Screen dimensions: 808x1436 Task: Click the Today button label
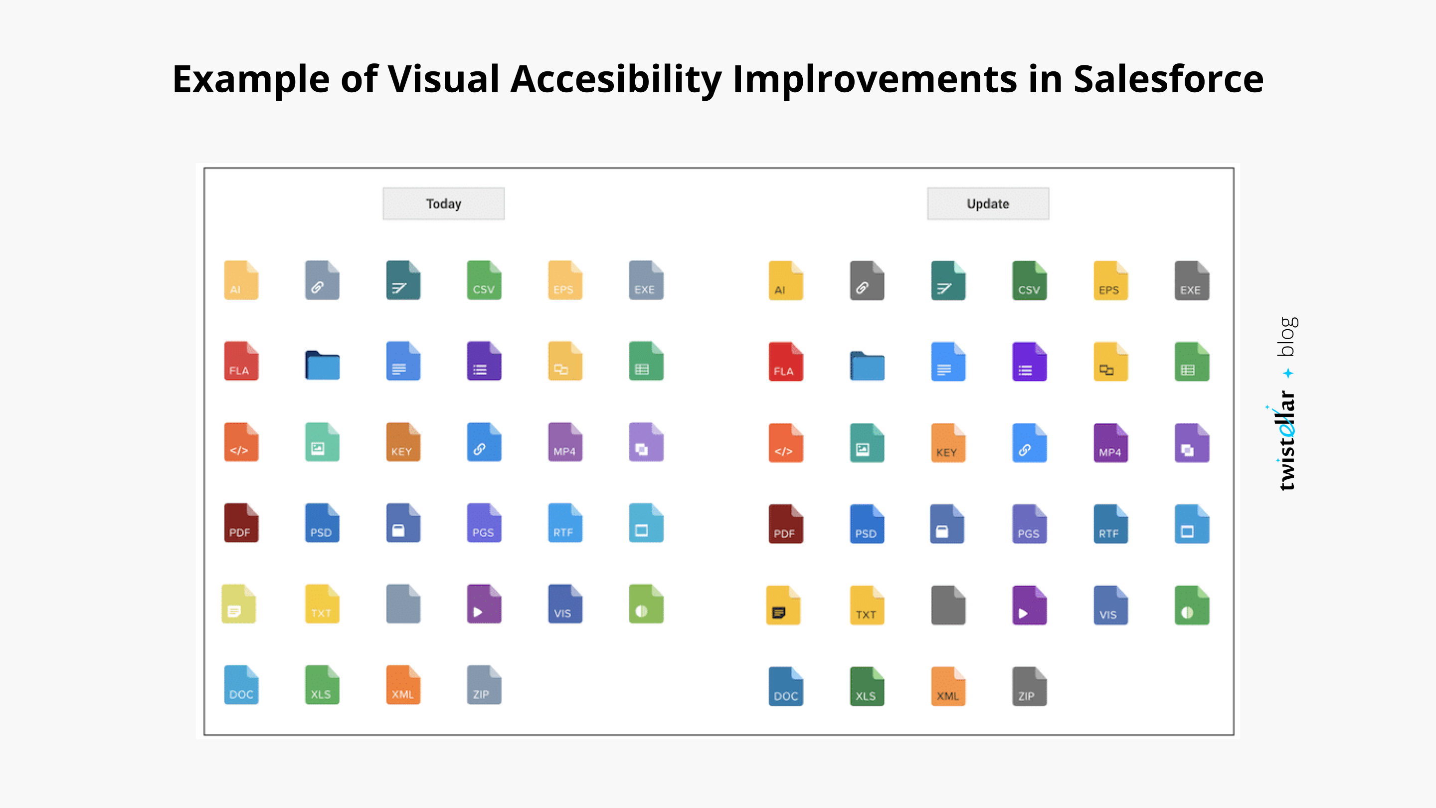pyautogui.click(x=443, y=203)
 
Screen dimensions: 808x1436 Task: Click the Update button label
pyautogui.click(x=987, y=203)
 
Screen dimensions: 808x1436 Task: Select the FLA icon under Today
pyautogui.click(x=241, y=361)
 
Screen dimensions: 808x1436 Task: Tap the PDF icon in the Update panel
pyautogui.click(x=785, y=524)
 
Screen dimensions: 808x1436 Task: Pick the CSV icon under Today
pyautogui.click(x=484, y=280)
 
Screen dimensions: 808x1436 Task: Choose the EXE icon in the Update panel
pyautogui.click(x=1191, y=281)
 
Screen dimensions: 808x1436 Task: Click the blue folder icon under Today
pyautogui.click(x=322, y=365)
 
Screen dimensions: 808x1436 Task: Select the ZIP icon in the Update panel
pyautogui.click(x=1029, y=687)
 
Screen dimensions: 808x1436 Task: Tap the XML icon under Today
pyautogui.click(x=402, y=685)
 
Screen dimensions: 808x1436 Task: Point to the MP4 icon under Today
pyautogui.click(x=565, y=442)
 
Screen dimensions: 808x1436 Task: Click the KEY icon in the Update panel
pyautogui.click(x=948, y=443)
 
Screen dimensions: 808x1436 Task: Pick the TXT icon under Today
pyautogui.click(x=322, y=605)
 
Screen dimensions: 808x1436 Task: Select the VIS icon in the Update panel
pyautogui.click(x=1110, y=606)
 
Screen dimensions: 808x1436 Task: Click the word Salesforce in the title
pyautogui.click(x=1168, y=79)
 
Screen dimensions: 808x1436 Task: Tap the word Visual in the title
pyautogui.click(x=443, y=79)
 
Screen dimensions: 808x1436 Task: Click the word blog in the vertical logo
pyautogui.click(x=1286, y=336)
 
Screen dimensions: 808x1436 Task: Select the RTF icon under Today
pyautogui.click(x=565, y=524)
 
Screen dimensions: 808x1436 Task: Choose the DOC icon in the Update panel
pyautogui.click(x=785, y=687)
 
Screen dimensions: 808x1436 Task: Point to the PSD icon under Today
pyautogui.click(x=322, y=524)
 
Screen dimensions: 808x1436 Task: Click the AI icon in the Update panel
pyautogui.click(x=785, y=281)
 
